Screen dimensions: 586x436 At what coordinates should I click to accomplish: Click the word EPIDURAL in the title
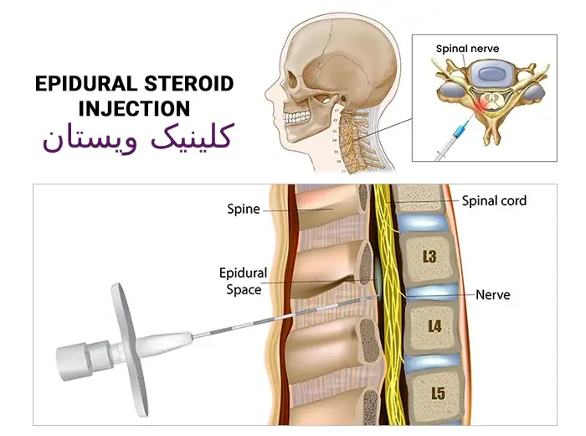[x=85, y=84]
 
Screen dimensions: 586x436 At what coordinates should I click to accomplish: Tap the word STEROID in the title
[x=189, y=84]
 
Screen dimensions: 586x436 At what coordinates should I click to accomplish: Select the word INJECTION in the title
[x=134, y=108]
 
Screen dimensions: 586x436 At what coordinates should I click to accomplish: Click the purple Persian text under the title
[x=138, y=138]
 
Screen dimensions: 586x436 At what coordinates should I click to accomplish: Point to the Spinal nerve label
[x=467, y=49]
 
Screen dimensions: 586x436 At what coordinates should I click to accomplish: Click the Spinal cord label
[x=494, y=200]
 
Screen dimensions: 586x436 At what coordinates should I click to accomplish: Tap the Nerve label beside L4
[x=493, y=295]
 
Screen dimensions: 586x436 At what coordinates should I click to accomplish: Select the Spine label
[x=244, y=209]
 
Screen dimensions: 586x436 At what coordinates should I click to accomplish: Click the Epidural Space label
[x=243, y=281]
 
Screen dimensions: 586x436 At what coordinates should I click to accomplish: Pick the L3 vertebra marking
[x=429, y=257]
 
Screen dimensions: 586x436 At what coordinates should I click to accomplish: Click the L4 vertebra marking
[x=434, y=326]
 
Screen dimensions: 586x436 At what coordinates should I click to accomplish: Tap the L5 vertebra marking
[x=438, y=393]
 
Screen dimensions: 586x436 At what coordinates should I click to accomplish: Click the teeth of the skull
[x=296, y=117]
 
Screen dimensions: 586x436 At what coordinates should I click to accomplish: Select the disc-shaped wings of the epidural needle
[x=129, y=350]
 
